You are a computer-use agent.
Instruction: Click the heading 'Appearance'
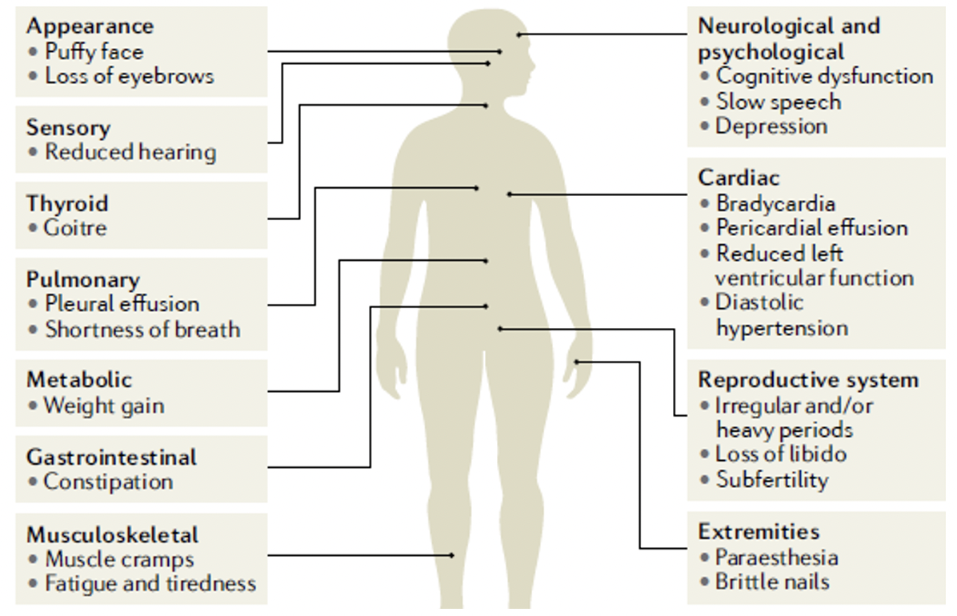click(90, 26)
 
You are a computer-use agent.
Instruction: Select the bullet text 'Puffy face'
click(94, 52)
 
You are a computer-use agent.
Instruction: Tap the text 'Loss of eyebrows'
click(130, 77)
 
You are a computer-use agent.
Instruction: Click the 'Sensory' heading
click(69, 127)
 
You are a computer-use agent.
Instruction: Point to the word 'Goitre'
click(76, 228)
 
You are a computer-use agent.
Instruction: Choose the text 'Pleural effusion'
click(122, 304)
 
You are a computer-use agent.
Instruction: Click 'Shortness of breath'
click(142, 330)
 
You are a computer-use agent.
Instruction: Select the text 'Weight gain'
click(104, 406)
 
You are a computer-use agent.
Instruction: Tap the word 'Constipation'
click(108, 482)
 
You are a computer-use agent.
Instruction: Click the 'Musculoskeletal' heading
click(112, 534)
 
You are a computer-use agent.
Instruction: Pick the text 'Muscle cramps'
click(119, 559)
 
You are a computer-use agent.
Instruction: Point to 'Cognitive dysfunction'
click(824, 77)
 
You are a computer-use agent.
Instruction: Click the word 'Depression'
click(771, 126)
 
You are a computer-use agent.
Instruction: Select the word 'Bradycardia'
click(775, 203)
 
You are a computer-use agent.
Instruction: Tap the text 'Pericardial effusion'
click(811, 228)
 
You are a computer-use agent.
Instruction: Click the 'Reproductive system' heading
click(808, 380)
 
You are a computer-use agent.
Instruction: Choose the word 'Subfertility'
click(772, 480)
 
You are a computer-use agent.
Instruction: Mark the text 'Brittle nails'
click(772, 582)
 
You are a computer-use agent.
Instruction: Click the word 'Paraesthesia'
click(776, 557)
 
